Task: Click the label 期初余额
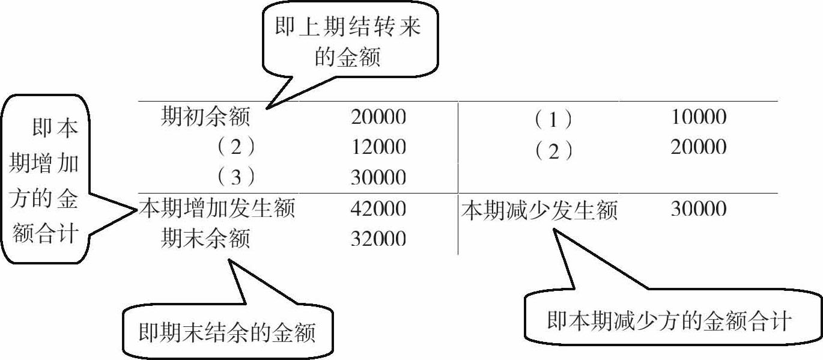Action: [205, 117]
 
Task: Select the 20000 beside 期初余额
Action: [378, 117]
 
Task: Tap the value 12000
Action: [378, 147]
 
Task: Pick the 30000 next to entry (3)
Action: [378, 178]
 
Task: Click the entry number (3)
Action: [235, 178]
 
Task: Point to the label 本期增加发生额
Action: [217, 209]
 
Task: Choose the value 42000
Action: [378, 209]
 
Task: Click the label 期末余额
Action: [205, 239]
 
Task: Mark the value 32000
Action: [378, 239]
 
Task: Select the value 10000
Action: [699, 117]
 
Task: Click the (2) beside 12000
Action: [235, 147]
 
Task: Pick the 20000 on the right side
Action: [699, 147]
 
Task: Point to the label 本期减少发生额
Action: [539, 210]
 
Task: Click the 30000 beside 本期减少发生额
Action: [699, 209]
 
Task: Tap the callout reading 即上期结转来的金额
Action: [348, 42]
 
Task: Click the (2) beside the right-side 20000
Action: [553, 150]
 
